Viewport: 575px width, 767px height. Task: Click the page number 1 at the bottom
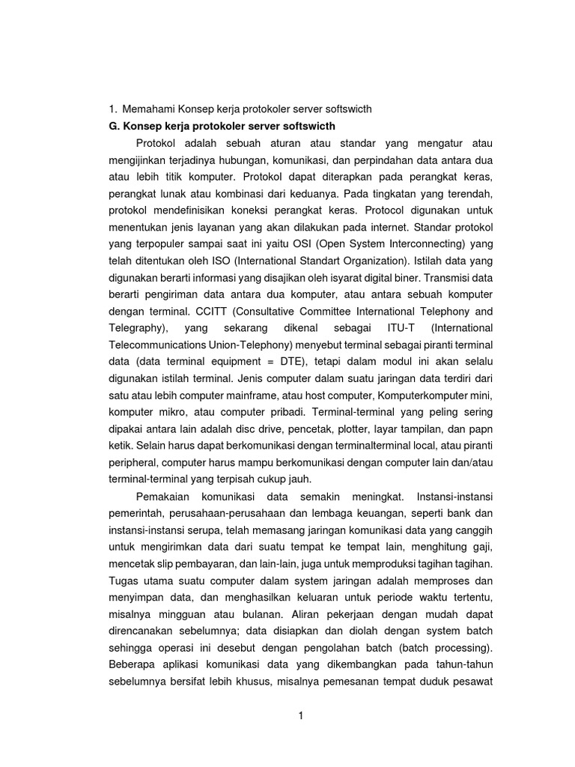[x=300, y=715]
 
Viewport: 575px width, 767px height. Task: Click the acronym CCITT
[x=211, y=311]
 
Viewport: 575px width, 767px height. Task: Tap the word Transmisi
[x=442, y=277]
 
